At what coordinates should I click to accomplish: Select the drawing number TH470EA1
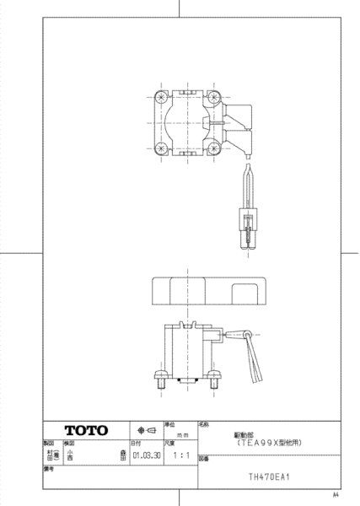coord(269,476)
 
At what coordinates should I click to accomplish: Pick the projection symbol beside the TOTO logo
coord(144,430)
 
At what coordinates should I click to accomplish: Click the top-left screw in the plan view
coord(159,100)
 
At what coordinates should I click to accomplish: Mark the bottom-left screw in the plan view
coord(159,148)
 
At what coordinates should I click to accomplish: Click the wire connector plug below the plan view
coord(247,229)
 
